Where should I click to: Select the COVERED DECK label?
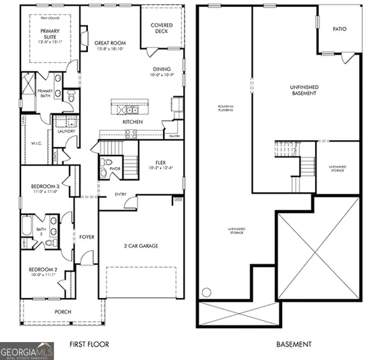click(162, 28)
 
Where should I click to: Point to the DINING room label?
click(162, 70)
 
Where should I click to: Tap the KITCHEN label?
click(132, 122)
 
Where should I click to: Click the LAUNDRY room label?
click(66, 131)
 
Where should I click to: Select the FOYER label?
click(87, 237)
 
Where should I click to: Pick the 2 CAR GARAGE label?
click(140, 245)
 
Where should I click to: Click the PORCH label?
click(62, 312)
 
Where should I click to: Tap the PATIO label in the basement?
click(340, 29)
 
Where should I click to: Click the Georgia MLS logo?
click(27, 351)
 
